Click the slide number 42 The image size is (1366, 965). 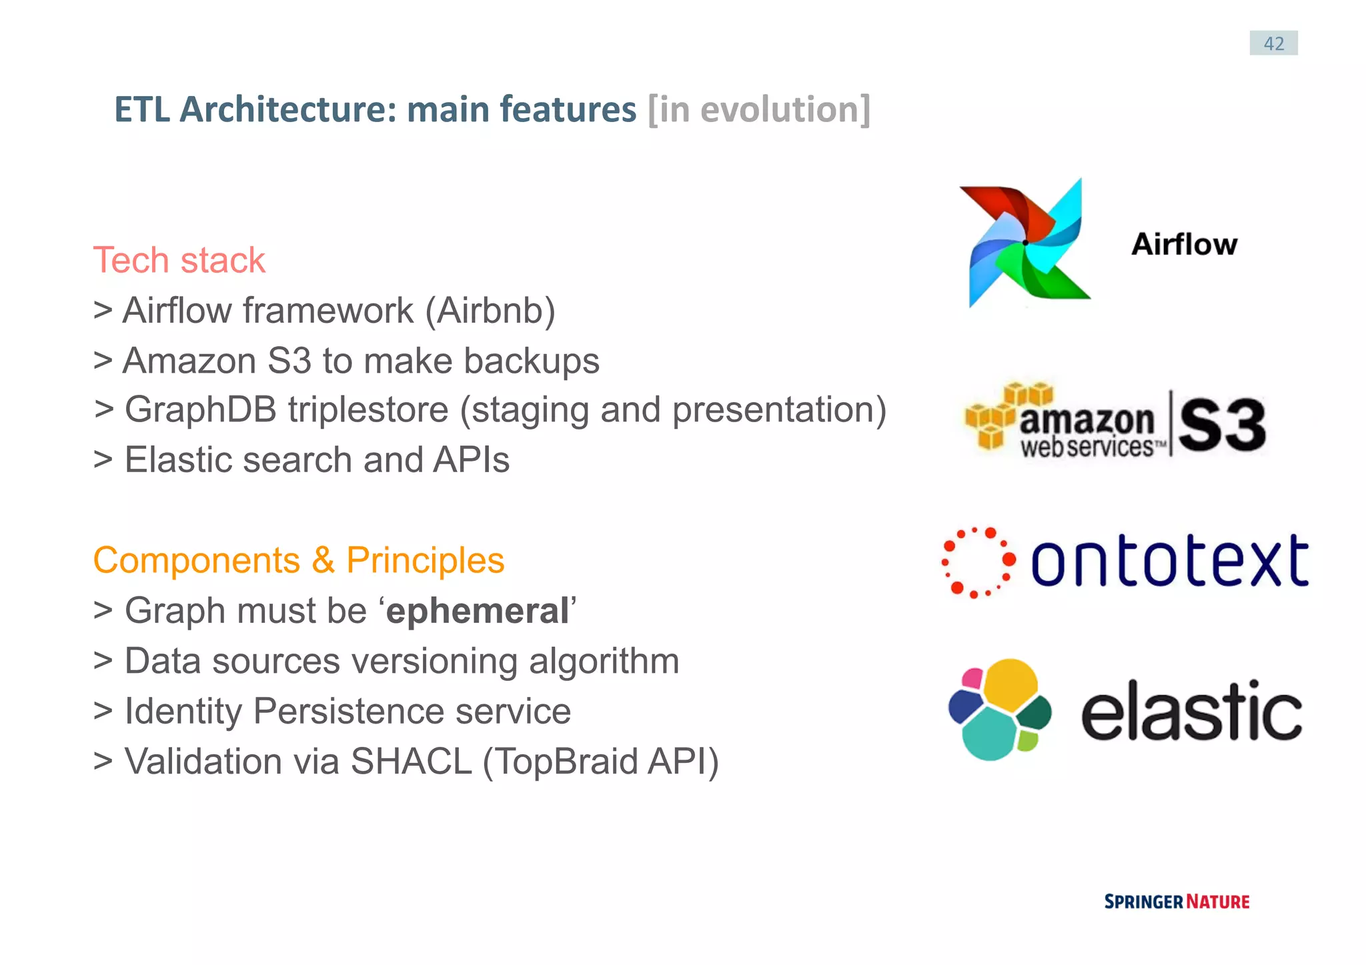pyautogui.click(x=1273, y=43)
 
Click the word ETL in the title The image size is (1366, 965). pyautogui.click(x=141, y=109)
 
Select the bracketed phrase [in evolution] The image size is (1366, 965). pyautogui.click(x=758, y=109)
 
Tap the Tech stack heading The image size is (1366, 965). pyautogui.click(x=179, y=260)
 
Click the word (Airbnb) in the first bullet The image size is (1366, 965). pyautogui.click(x=490, y=311)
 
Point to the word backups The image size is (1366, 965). pyautogui.click(x=532, y=361)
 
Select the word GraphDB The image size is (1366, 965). pyautogui.click(x=200, y=409)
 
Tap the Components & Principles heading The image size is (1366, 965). pyautogui.click(x=298, y=560)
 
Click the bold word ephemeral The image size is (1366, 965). pyautogui.click(x=477, y=611)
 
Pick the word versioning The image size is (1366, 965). pyautogui.click(x=434, y=661)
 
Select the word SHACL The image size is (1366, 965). pyautogui.click(x=411, y=762)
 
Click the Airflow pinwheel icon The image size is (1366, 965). pyautogui.click(x=1025, y=243)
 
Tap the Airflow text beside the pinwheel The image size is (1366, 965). pyautogui.click(x=1184, y=244)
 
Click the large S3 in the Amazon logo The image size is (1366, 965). pyautogui.click(x=1221, y=425)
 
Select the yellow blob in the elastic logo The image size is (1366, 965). pyautogui.click(x=1009, y=684)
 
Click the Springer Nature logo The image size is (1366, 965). pyautogui.click(x=1177, y=902)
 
